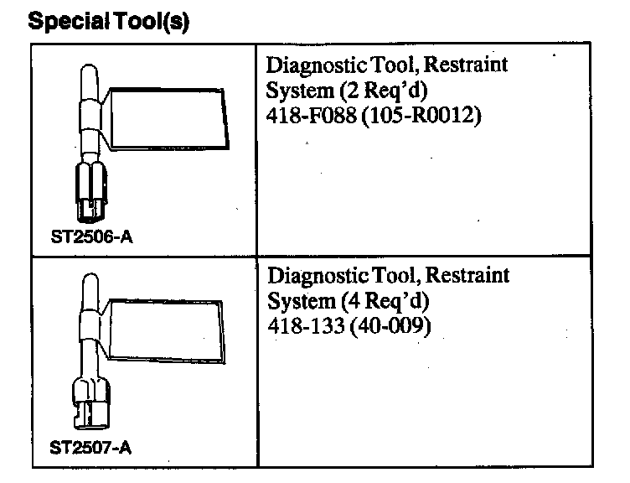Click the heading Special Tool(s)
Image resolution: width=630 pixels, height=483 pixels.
coord(109,21)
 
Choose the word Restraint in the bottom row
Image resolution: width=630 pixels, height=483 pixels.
coord(468,277)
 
